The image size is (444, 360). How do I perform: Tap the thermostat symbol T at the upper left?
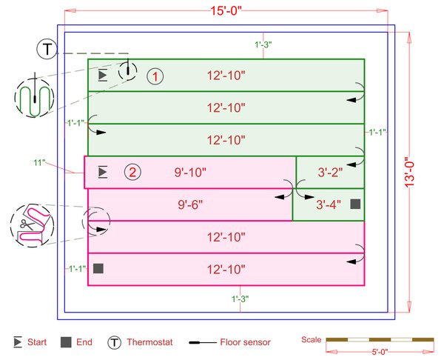click(47, 50)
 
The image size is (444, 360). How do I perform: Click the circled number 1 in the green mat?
click(155, 76)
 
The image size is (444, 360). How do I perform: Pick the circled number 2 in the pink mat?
click(131, 173)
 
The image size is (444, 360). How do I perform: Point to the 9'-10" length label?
click(190, 173)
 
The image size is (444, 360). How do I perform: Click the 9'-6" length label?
click(190, 205)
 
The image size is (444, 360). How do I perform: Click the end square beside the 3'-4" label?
click(355, 204)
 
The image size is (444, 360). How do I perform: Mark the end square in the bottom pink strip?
click(98, 269)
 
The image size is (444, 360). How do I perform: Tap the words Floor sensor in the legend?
click(245, 342)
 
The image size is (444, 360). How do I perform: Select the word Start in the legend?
click(37, 342)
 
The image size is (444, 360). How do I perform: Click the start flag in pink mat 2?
click(103, 173)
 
